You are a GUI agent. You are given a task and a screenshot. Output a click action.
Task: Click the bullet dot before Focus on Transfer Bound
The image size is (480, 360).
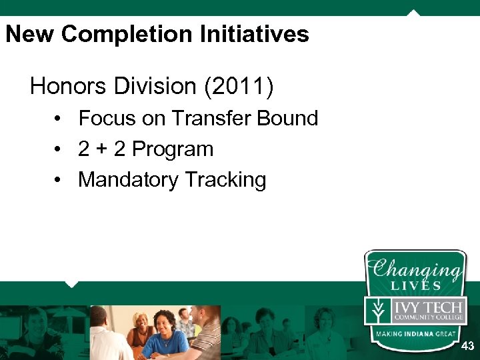[59, 119]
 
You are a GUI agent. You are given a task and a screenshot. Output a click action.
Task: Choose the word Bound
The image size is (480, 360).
[287, 119]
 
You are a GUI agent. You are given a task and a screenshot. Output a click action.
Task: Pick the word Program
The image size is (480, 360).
[173, 149]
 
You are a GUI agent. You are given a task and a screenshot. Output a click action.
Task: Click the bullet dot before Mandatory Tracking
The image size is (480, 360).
[59, 180]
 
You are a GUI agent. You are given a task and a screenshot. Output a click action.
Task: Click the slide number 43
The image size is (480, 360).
[467, 346]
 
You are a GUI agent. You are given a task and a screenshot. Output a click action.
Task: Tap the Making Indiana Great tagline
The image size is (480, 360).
[415, 333]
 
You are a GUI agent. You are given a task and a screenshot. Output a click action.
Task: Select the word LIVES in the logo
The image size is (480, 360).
[416, 285]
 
